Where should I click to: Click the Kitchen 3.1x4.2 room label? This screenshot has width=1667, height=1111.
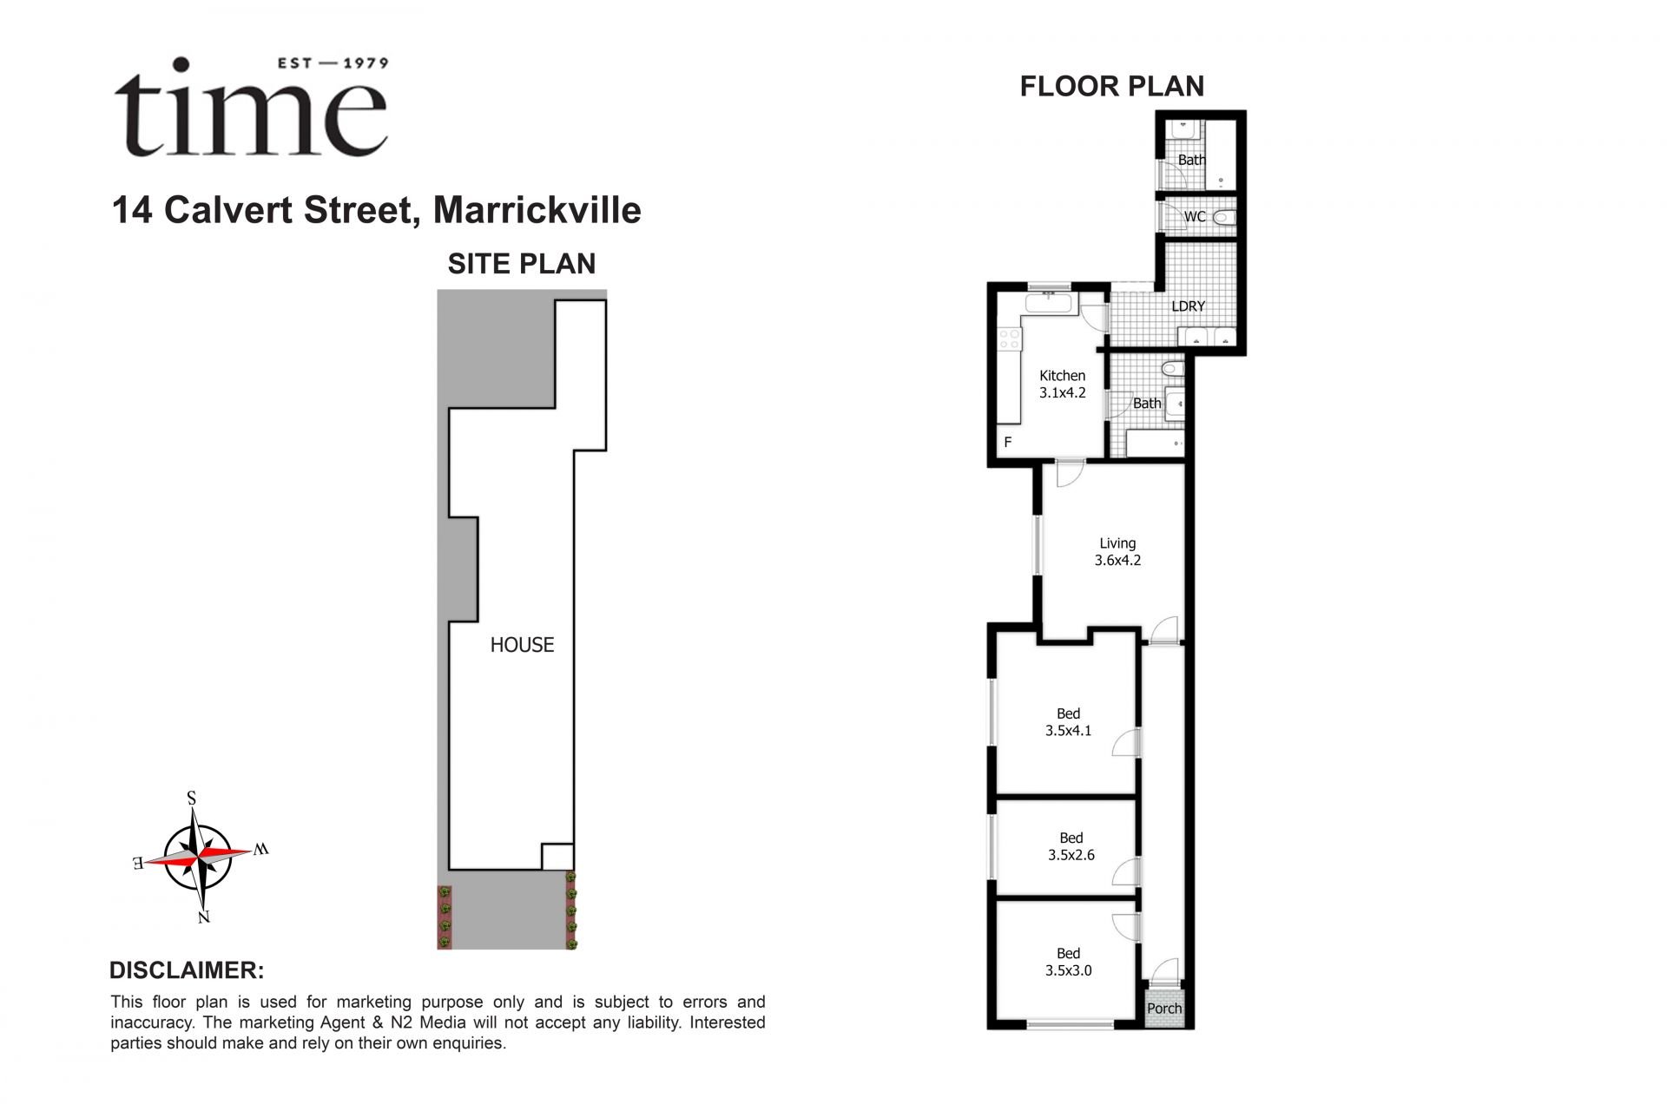pos(1062,384)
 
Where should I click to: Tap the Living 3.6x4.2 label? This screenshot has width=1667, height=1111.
pos(1117,552)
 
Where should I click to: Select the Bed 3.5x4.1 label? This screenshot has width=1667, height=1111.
pos(1068,722)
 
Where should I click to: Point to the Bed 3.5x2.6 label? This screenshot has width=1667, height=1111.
pos(1071,846)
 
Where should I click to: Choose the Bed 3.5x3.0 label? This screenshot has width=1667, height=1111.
pos(1068,962)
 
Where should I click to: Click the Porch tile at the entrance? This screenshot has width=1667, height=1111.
pos(1164,1009)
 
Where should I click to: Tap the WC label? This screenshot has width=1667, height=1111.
pos(1195,217)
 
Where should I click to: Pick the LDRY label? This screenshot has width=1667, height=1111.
pos(1188,306)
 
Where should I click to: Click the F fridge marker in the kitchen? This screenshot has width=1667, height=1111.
pos(1008,443)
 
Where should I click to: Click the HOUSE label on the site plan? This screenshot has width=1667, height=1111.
pos(522,645)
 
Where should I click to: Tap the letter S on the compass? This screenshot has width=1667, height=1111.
pos(192,798)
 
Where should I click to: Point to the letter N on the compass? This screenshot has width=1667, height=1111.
pos(204,917)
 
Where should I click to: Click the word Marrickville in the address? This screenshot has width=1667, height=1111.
pos(537,210)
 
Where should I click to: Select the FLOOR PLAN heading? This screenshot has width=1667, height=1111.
pos(1111,87)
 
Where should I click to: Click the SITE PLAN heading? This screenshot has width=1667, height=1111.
pos(521,264)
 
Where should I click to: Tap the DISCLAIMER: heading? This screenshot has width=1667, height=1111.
pos(187,970)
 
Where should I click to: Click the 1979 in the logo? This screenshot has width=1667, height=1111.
pos(366,62)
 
